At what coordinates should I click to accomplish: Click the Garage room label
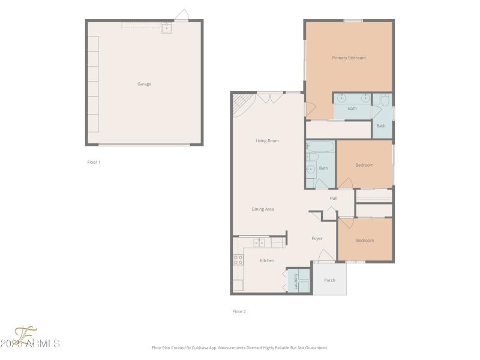point(144,84)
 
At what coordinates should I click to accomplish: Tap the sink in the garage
point(166,28)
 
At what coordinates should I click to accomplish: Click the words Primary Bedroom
point(349,58)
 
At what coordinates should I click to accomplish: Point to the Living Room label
point(267,141)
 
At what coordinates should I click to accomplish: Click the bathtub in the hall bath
point(320,146)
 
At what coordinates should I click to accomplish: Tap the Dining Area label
point(262,209)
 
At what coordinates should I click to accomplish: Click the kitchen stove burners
point(238,260)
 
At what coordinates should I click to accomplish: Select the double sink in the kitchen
point(259,242)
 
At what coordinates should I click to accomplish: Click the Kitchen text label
point(267,260)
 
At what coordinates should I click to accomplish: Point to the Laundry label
point(296,281)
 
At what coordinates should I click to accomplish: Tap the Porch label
point(329,280)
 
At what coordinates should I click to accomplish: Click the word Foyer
point(317,238)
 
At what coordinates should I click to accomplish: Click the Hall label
point(333,198)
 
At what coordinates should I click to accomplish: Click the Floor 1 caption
point(94,162)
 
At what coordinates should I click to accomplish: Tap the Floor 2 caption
point(239,311)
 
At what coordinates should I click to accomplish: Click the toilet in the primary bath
point(385,100)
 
